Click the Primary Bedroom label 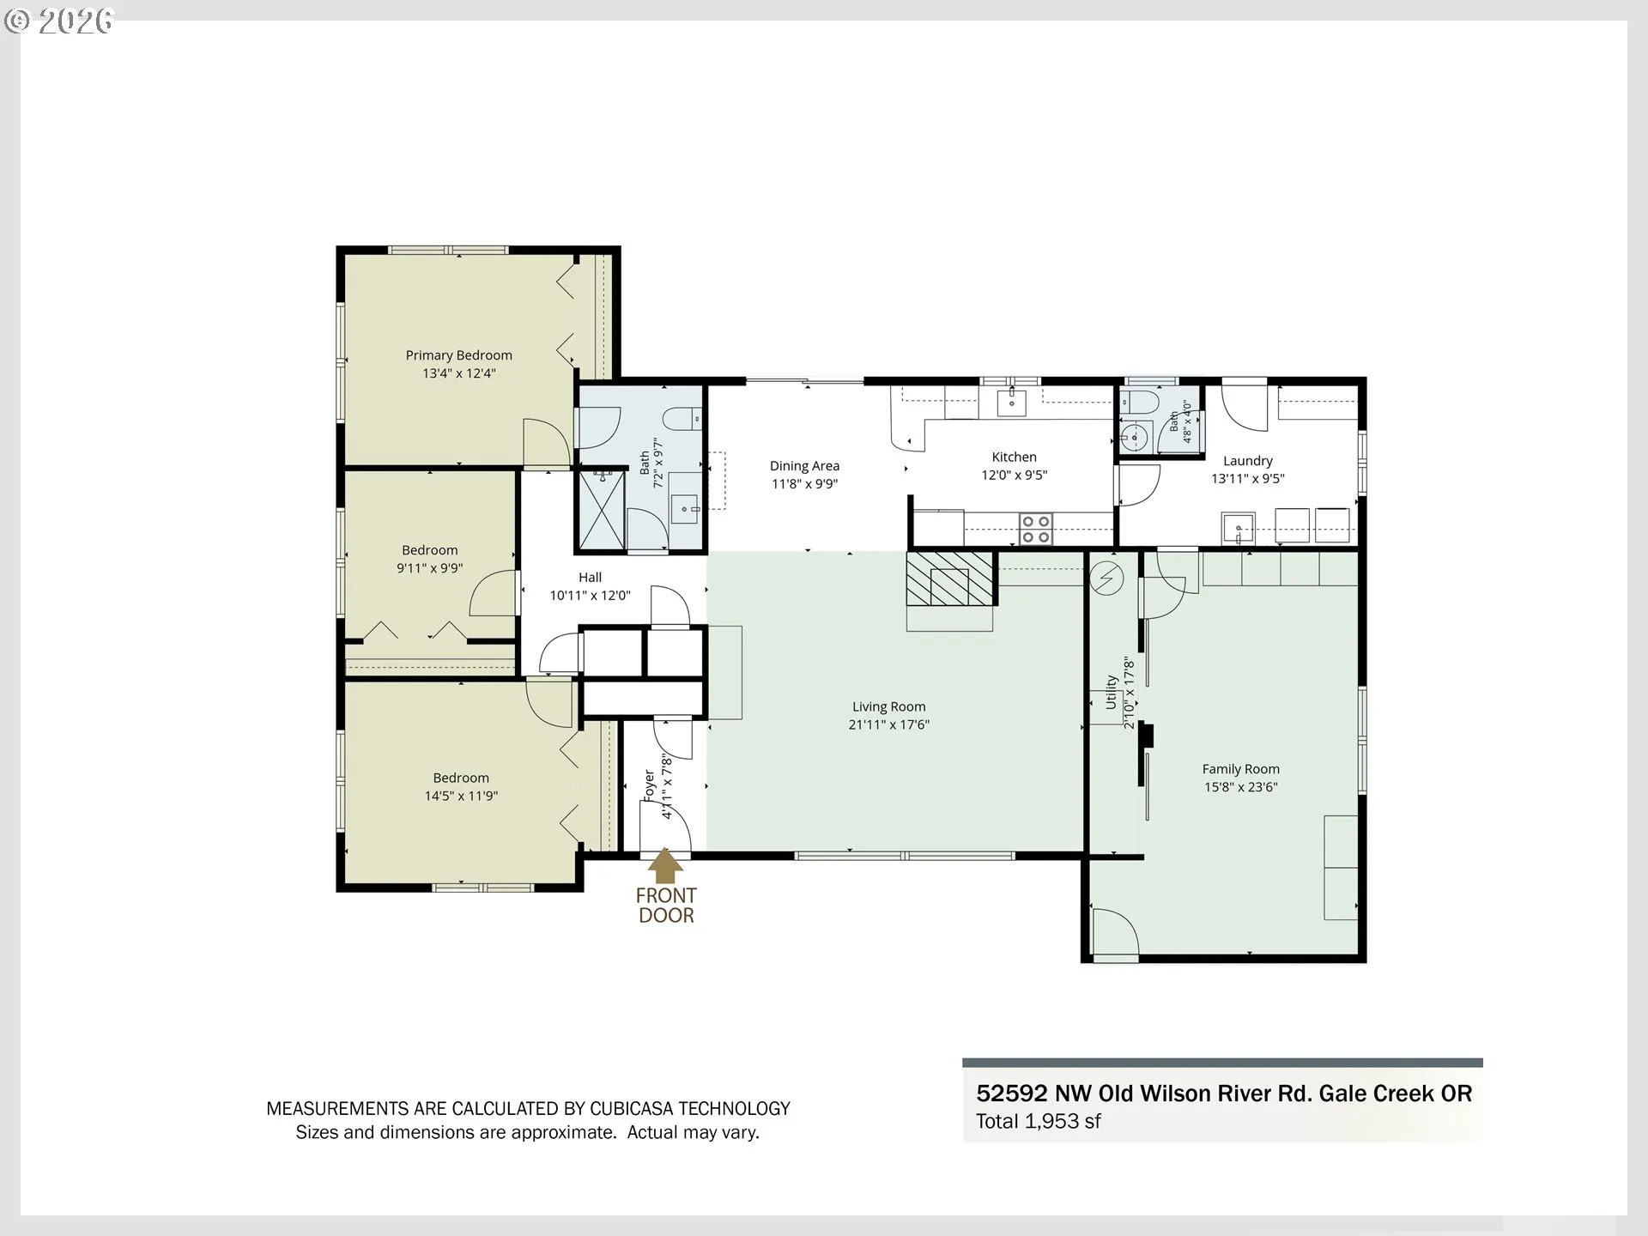click(x=458, y=355)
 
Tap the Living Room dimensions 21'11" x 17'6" click(x=888, y=724)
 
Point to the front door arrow click(x=665, y=866)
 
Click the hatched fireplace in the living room click(x=950, y=579)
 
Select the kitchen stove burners click(x=1036, y=529)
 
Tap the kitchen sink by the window click(x=1012, y=401)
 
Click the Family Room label click(x=1240, y=769)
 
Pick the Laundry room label click(x=1247, y=461)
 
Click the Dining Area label click(x=804, y=466)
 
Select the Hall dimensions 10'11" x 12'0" click(x=590, y=596)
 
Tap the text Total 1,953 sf click(x=1038, y=1121)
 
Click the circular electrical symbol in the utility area click(x=1106, y=579)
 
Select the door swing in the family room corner click(x=1115, y=930)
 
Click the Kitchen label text click(x=1014, y=457)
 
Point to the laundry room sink click(x=1239, y=527)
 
